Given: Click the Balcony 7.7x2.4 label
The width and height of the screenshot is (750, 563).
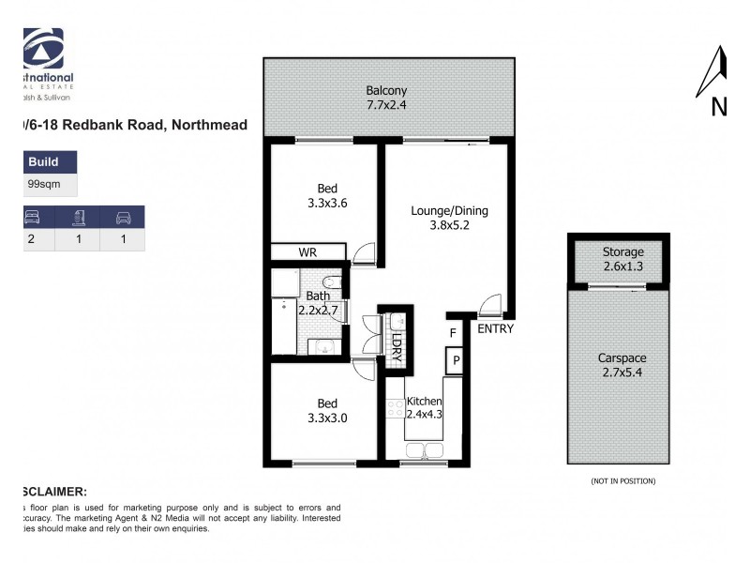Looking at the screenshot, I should [386, 98].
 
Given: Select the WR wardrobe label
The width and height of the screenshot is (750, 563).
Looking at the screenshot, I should [307, 252].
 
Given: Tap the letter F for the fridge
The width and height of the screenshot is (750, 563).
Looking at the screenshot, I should [453, 332].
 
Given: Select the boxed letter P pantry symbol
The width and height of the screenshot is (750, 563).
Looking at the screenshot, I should [457, 359].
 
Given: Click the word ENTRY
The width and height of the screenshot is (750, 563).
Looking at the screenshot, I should [495, 329].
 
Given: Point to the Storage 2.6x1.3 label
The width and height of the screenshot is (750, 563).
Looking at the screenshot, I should [623, 259].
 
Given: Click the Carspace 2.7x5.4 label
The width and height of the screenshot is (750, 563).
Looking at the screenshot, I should [622, 365].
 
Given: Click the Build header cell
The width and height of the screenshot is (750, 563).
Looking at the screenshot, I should [43, 162].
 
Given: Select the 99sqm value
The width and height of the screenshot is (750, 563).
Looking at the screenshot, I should [44, 185].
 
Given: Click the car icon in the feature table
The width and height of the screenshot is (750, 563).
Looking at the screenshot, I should [123, 218].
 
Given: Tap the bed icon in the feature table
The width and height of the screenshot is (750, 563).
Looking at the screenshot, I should [31, 218].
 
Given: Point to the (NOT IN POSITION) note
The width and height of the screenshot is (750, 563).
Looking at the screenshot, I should [622, 481].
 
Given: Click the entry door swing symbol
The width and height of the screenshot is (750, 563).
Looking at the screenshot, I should [489, 306].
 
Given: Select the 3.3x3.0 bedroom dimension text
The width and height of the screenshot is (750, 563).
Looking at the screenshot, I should [327, 418].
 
